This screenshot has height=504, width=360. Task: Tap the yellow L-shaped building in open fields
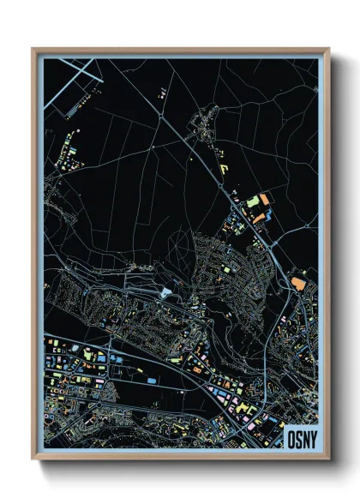click(222, 166)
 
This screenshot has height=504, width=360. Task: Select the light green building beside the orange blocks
click(254, 201)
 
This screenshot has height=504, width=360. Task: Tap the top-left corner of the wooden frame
click(33, 49)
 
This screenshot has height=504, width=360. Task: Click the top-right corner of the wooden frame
click(328, 49)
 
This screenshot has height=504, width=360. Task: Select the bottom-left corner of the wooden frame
click(33, 459)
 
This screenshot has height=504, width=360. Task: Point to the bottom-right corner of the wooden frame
click(328, 459)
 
